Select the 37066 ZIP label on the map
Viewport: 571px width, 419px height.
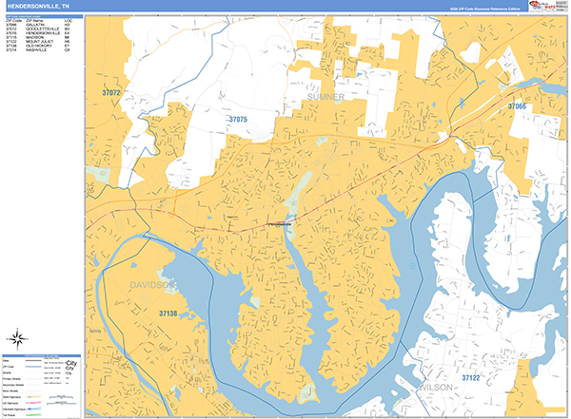point(516,106)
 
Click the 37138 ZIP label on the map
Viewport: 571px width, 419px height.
point(168,313)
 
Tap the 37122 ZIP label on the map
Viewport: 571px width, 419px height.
point(473,377)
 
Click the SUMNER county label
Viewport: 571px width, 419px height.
point(325,97)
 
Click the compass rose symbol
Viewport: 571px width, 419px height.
point(17,337)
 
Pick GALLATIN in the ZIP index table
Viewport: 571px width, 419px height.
point(36,24)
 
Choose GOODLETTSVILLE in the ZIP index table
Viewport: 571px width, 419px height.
point(43,29)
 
